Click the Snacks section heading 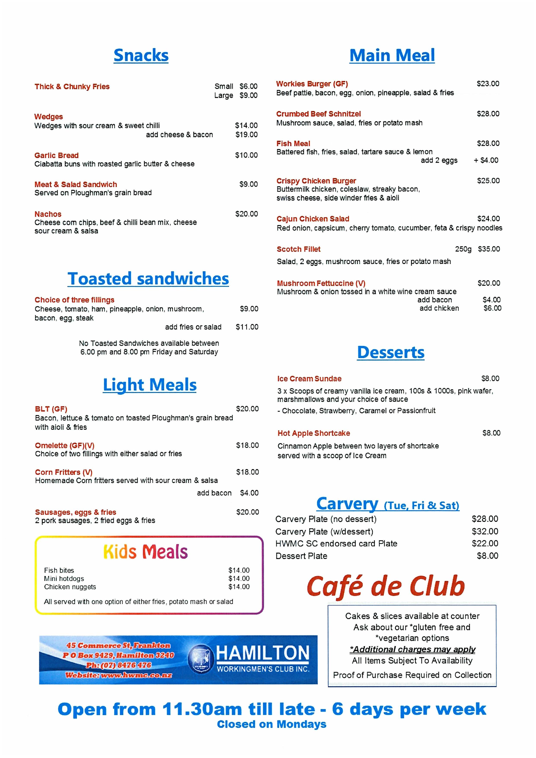point(141,55)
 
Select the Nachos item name point(48,214)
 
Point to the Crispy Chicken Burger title point(316,181)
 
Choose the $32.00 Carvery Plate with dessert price point(485,531)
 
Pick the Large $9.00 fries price point(248,96)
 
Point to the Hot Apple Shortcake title point(314,433)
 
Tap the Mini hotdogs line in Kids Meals point(64,578)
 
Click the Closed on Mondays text point(271,724)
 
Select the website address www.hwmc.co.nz point(136,675)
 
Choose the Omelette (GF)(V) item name point(65,445)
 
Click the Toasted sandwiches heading point(148,279)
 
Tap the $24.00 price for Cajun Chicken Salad point(488,218)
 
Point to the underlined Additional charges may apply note point(413,649)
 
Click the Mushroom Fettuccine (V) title point(321,283)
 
